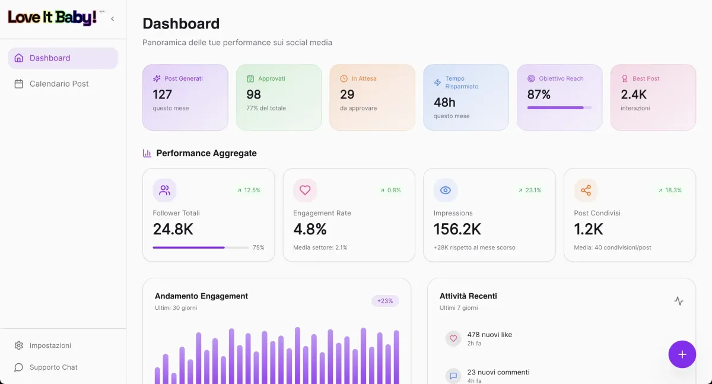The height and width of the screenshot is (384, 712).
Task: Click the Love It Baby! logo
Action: (x=52, y=18)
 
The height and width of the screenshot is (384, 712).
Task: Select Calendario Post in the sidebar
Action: (x=59, y=84)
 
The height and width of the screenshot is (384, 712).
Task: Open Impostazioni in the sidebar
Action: (x=50, y=345)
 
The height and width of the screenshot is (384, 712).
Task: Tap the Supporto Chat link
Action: (x=53, y=367)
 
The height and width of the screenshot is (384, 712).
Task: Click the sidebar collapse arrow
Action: (x=113, y=19)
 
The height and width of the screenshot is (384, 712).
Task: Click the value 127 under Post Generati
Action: (x=162, y=94)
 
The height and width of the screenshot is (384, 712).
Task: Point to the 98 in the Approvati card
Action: (x=254, y=94)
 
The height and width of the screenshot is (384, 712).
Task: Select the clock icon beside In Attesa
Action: (x=344, y=78)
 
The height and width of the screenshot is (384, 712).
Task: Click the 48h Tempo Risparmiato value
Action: (x=444, y=102)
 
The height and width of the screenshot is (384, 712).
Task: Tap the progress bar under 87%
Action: (x=559, y=108)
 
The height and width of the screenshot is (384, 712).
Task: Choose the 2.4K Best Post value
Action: (x=634, y=94)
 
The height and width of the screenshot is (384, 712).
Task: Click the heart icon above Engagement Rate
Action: (x=305, y=191)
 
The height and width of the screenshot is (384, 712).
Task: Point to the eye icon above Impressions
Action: (x=446, y=191)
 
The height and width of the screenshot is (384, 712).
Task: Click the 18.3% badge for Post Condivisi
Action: (x=670, y=191)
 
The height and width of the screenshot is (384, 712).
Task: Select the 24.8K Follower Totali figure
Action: (x=173, y=229)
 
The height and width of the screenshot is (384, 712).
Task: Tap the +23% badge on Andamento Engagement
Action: (x=385, y=301)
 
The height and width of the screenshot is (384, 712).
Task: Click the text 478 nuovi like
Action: (x=490, y=335)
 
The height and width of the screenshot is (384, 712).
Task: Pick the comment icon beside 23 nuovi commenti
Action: (x=453, y=376)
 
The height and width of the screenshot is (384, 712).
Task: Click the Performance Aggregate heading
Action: (x=206, y=153)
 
